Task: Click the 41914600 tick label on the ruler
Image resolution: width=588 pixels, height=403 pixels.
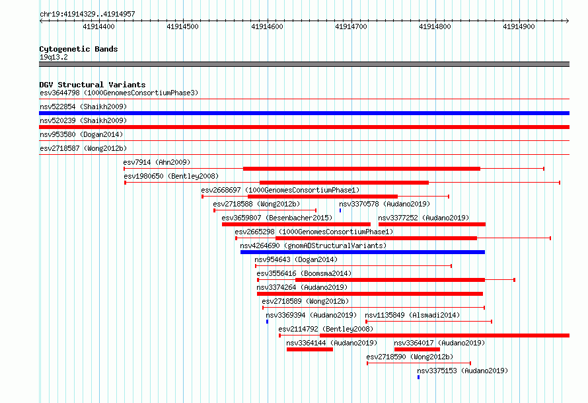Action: tap(267, 26)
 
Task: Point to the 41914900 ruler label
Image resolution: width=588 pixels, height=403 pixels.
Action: tap(519, 26)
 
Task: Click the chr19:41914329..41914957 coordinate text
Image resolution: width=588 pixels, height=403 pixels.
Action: tap(87, 15)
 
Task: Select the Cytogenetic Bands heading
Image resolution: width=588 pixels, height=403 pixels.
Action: tap(79, 49)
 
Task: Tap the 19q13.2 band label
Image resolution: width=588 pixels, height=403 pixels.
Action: tap(54, 57)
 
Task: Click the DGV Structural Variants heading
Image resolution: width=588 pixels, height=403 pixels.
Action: tap(92, 85)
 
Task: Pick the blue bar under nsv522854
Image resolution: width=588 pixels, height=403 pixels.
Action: tap(304, 113)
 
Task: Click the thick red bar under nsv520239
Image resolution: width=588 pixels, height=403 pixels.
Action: tap(304, 127)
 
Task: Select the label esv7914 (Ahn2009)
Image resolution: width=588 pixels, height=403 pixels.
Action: tap(157, 162)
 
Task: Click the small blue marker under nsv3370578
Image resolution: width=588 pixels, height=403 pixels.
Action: tap(340, 210)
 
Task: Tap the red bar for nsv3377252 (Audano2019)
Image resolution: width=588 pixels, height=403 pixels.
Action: tap(432, 224)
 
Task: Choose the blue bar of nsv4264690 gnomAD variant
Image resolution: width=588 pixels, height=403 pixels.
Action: tap(363, 252)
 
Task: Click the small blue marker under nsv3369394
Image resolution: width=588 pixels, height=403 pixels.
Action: tap(267, 322)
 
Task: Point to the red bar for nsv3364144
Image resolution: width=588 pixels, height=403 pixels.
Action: tap(310, 349)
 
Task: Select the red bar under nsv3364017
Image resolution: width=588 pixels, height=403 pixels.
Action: tap(417, 349)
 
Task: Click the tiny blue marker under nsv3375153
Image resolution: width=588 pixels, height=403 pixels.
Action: tap(418, 377)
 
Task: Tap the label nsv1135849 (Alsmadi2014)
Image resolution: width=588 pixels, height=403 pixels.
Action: tap(412, 315)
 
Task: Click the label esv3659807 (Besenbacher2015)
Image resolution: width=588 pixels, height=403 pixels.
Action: tap(277, 218)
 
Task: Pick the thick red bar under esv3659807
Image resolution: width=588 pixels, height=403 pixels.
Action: tap(296, 224)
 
